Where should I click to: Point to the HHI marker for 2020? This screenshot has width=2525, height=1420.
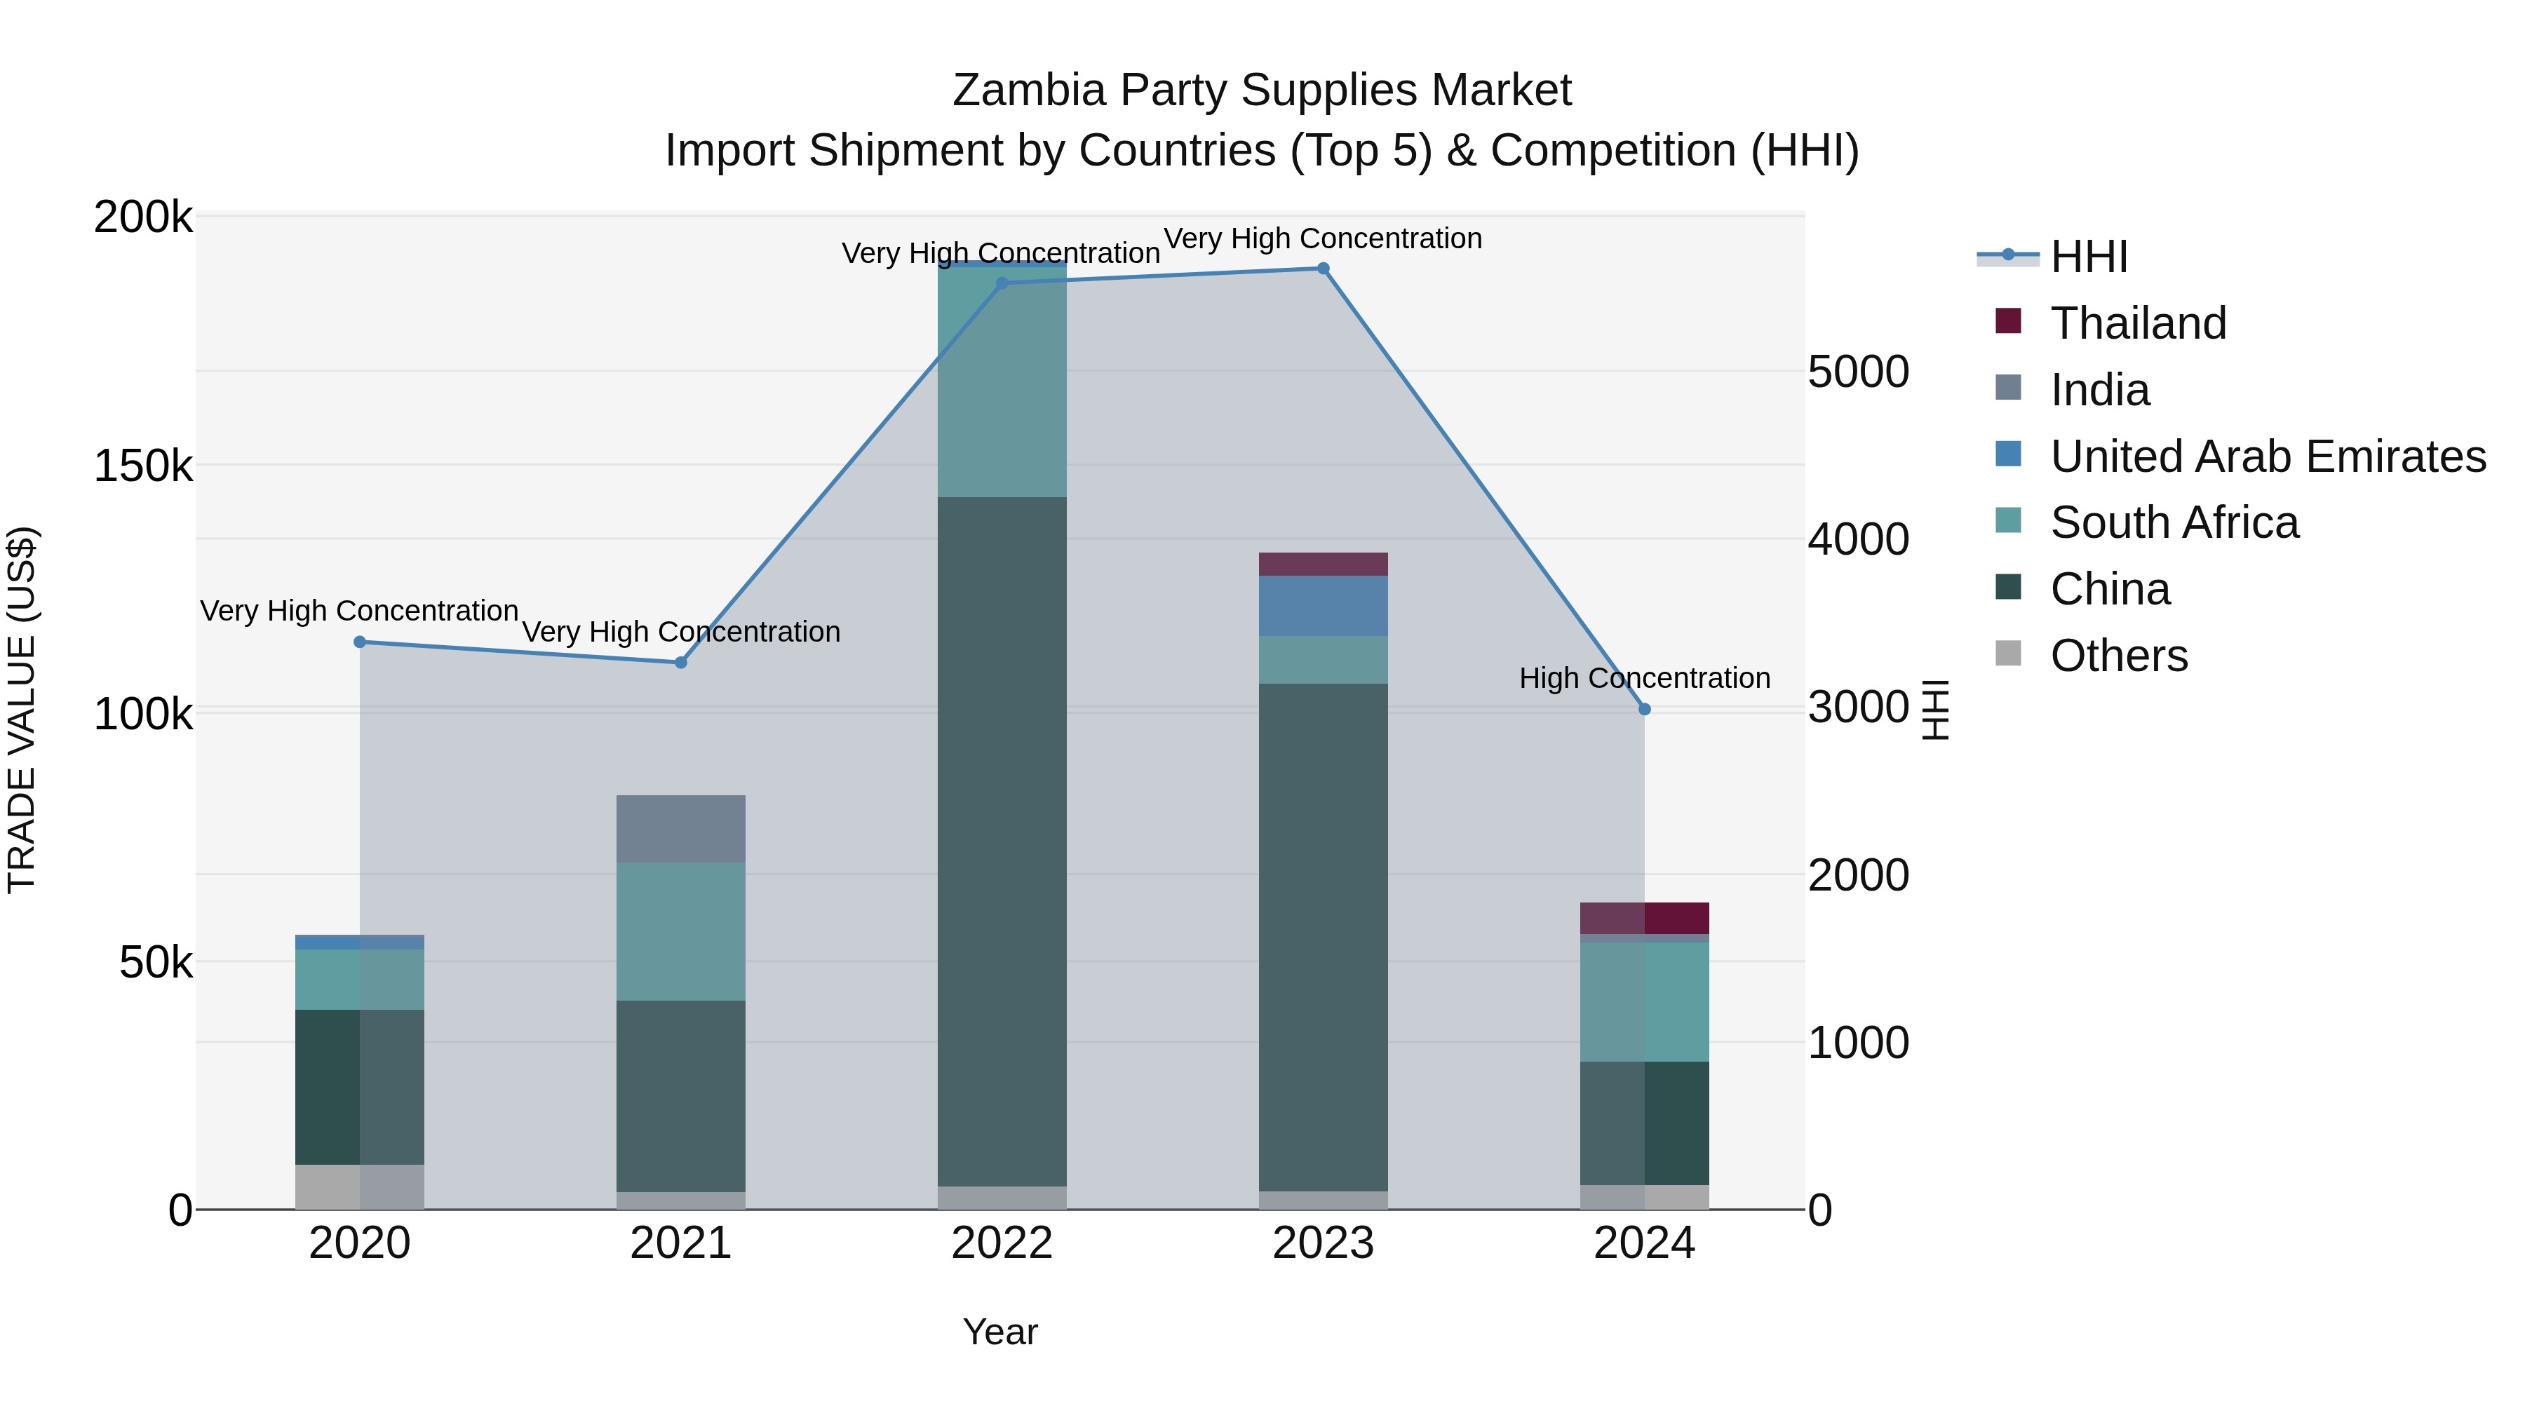(x=360, y=642)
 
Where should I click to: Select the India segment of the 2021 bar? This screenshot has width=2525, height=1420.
(x=680, y=828)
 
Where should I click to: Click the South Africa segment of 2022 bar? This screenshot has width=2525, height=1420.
(x=1001, y=382)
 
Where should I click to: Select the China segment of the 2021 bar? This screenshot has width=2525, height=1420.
(x=680, y=1095)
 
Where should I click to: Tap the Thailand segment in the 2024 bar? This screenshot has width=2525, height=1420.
(x=1644, y=918)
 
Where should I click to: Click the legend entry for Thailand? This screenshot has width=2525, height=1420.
(x=2138, y=323)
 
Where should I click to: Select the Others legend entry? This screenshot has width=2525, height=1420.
(x=2118, y=656)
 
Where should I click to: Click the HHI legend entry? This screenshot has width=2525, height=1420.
(x=2088, y=257)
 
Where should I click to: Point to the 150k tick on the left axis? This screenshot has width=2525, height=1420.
(x=143, y=466)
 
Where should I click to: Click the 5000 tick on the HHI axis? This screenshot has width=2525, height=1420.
(x=1857, y=372)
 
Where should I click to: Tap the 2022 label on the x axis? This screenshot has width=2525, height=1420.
(x=1001, y=1243)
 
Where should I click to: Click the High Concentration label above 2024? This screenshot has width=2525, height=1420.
(x=1644, y=678)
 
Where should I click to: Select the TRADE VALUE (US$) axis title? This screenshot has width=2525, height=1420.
(x=22, y=710)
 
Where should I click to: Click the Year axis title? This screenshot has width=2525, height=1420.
(x=999, y=1332)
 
